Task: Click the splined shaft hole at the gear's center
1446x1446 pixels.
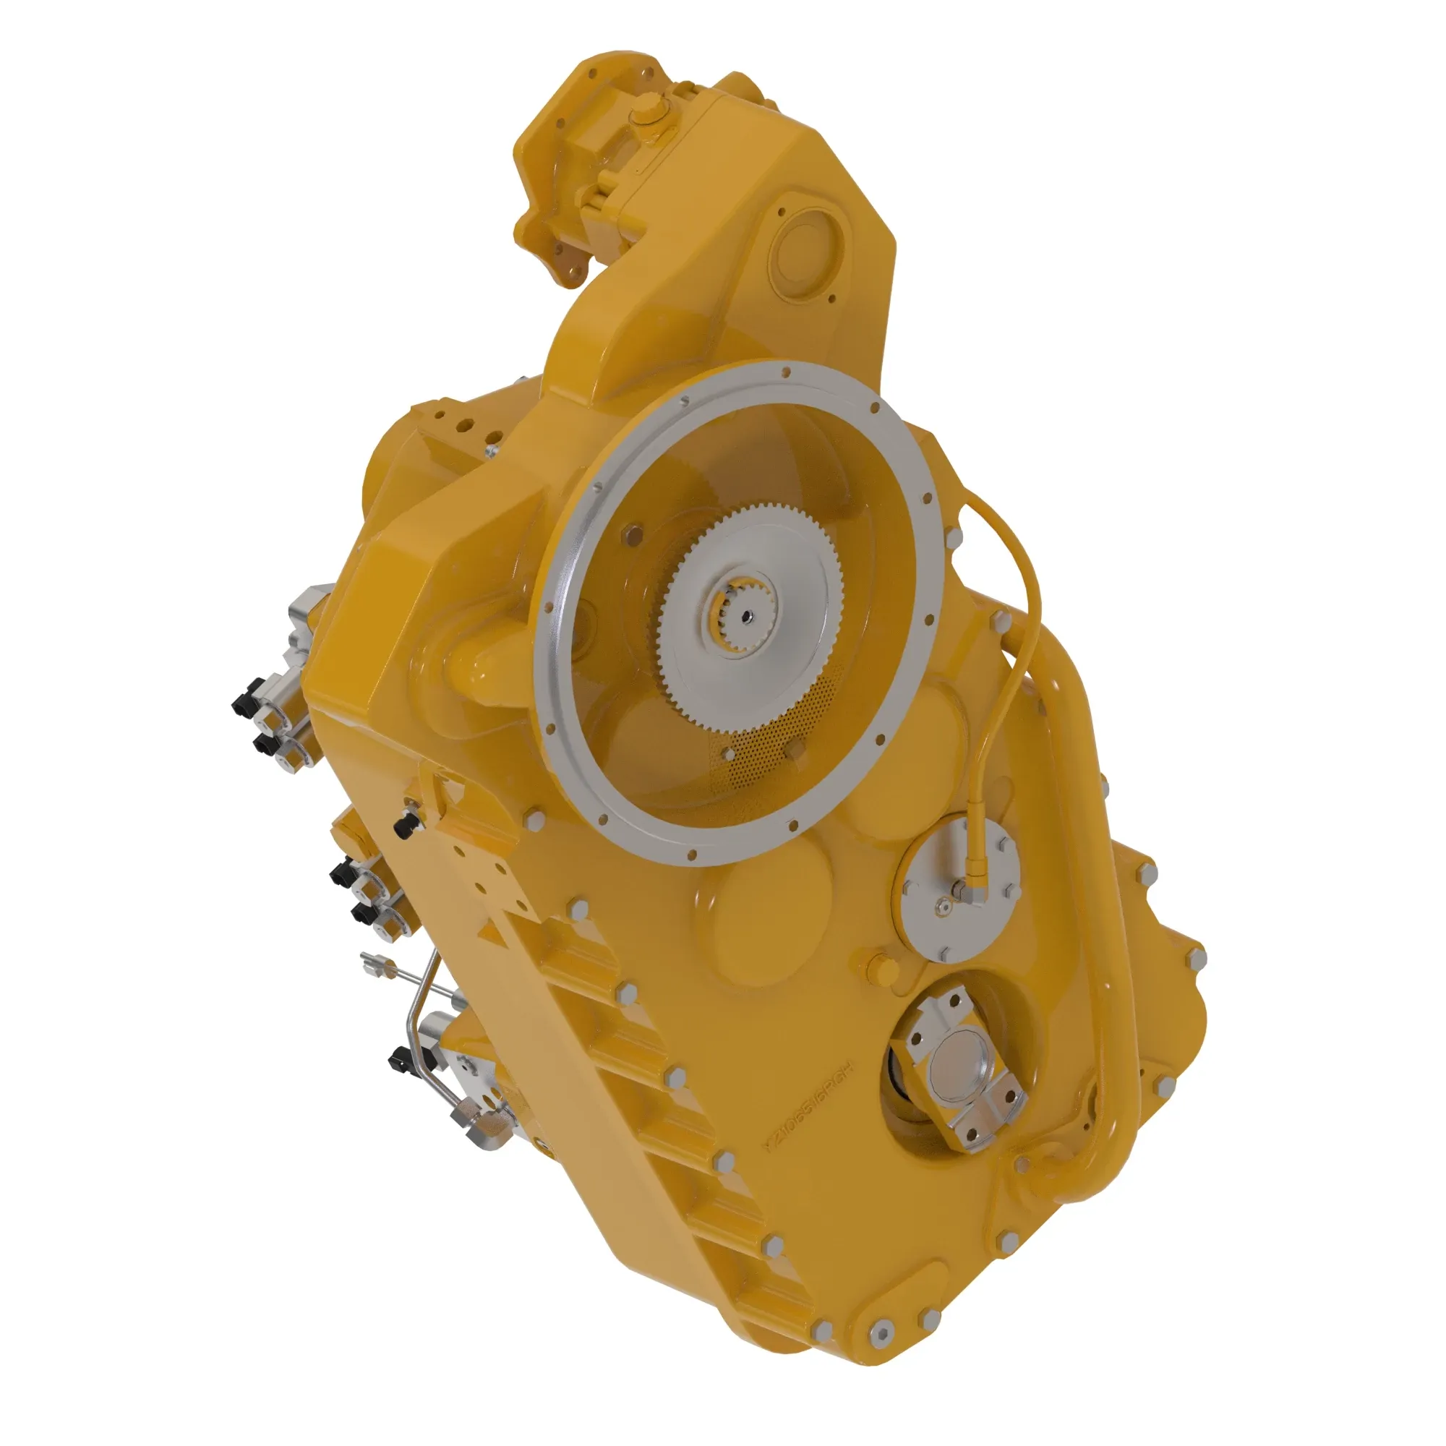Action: pos(745,616)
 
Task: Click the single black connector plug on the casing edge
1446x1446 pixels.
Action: pos(405,826)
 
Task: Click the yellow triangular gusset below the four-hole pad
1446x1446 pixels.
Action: pos(492,930)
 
